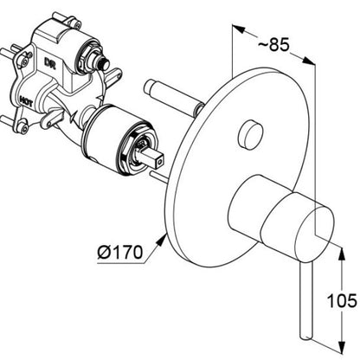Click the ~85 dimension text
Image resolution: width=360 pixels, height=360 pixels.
tap(273, 45)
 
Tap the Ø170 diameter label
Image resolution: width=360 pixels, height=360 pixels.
tap(120, 252)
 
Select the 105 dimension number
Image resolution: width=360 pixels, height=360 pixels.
tap(342, 300)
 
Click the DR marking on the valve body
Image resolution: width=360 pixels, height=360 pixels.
tap(49, 62)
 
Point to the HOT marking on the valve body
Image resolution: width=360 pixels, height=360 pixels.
tap(26, 100)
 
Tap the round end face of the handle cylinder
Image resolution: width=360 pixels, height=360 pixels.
tap(315, 231)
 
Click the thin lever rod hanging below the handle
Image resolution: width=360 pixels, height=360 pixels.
tap(305, 300)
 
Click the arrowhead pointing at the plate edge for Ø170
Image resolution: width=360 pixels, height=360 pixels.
tap(162, 241)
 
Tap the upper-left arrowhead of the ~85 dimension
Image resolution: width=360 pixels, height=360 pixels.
tap(238, 29)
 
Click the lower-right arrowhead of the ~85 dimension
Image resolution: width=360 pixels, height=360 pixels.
tap(308, 61)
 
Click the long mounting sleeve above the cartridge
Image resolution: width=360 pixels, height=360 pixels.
tap(174, 96)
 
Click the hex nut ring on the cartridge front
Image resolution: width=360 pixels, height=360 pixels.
tap(135, 153)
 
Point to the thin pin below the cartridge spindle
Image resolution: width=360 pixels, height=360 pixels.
tap(161, 177)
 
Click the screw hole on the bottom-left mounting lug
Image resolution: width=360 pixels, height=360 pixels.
tap(23, 127)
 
